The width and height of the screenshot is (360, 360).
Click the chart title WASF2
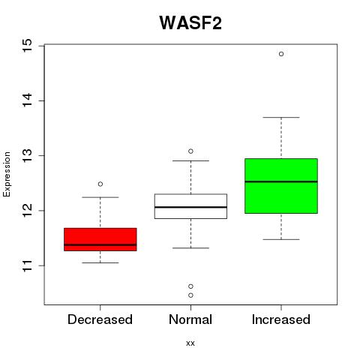point(190,22)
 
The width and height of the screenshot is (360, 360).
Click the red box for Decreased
point(100,239)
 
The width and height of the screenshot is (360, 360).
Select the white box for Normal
point(190,206)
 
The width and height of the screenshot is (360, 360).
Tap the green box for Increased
point(281,186)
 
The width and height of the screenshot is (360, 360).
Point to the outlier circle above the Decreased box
point(100,184)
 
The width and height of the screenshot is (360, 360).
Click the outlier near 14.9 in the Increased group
point(281,54)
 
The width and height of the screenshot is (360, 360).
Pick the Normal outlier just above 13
point(190,151)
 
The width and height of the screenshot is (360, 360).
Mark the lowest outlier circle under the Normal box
point(190,295)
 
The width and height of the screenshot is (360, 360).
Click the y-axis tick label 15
point(28,46)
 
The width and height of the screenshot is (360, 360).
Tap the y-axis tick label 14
point(28,100)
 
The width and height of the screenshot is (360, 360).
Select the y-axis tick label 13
point(28,155)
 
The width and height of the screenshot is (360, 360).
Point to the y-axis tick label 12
point(28,211)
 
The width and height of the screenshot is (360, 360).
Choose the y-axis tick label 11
point(28,265)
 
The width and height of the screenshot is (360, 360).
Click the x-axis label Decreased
point(100,319)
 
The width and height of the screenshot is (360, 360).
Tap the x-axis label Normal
point(190,319)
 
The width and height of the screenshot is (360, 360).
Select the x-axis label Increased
point(281,319)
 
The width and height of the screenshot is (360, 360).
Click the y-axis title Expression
point(7,174)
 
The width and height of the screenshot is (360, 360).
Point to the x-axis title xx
point(190,343)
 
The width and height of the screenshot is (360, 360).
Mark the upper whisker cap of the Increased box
point(281,117)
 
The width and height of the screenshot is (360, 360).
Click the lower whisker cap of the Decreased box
point(100,262)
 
